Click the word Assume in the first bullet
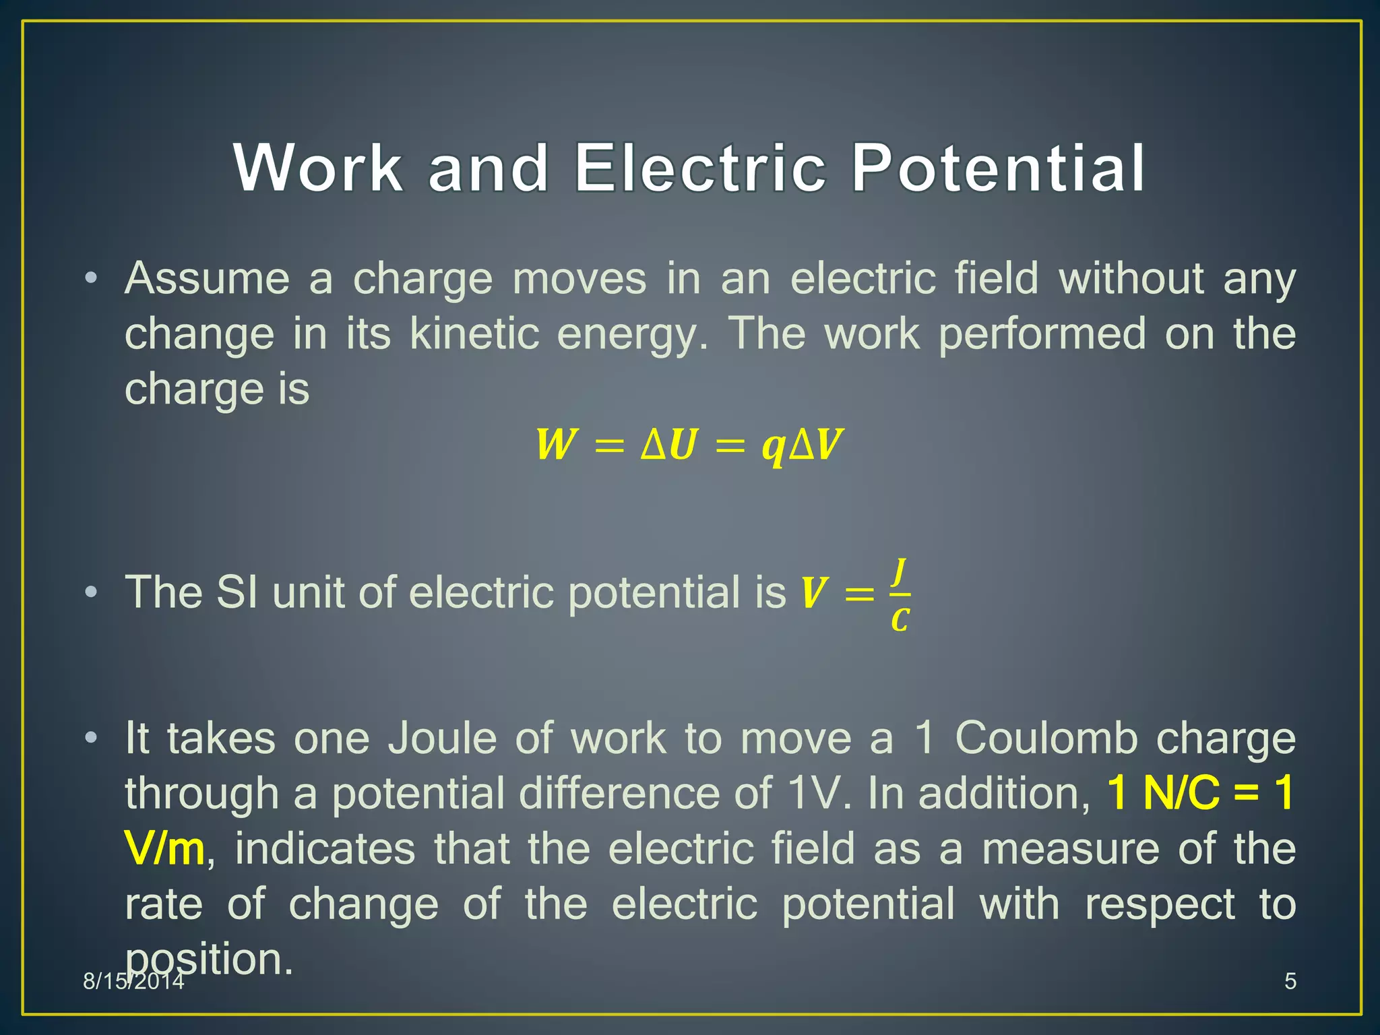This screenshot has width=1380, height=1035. coord(207,278)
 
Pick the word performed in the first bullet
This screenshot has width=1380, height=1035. coord(1042,334)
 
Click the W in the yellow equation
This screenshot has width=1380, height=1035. coord(556,445)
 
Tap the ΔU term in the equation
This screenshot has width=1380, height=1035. coord(668,445)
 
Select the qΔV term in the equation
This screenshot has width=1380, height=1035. coord(802,446)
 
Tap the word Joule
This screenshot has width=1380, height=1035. coord(441,739)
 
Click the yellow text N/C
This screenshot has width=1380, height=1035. coord(1181,793)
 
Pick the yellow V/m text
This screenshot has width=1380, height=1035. coord(164,849)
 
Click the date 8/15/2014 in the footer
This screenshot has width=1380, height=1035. coord(133,981)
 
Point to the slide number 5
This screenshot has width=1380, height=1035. coord(1290,981)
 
